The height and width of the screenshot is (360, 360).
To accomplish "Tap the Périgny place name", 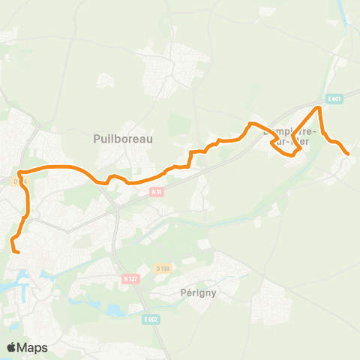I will (199, 292).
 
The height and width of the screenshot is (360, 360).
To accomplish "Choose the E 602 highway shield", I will (151, 319).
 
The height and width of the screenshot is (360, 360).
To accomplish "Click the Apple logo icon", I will (12, 347).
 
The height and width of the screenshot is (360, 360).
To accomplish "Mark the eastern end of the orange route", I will (348, 154).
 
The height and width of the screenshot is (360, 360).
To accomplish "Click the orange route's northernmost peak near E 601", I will (319, 108).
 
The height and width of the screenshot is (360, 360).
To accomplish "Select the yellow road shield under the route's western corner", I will (19, 181).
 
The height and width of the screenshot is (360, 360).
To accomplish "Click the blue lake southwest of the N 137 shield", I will (115, 308).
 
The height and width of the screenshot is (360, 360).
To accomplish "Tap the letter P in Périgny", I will (184, 292).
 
